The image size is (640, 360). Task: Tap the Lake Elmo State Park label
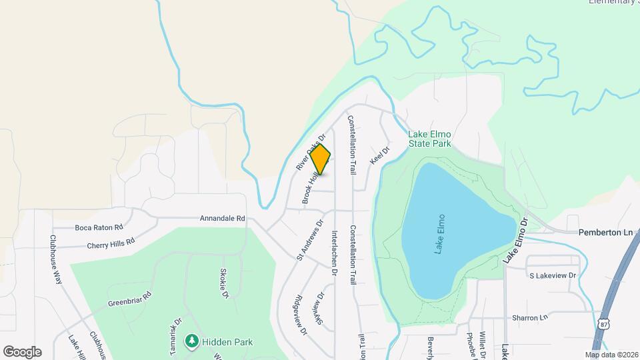tap(430, 139)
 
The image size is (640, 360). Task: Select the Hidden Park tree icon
tap(192, 341)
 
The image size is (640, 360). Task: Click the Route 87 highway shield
tap(604, 323)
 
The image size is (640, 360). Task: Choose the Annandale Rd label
tap(223, 218)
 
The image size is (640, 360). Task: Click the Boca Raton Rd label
tap(99, 227)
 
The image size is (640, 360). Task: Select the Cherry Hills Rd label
tap(110, 241)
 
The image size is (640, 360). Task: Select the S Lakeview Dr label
tap(552, 275)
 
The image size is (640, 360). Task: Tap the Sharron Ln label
tap(529, 317)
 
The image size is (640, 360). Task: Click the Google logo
tap(22, 351)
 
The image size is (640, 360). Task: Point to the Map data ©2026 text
tap(611, 355)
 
